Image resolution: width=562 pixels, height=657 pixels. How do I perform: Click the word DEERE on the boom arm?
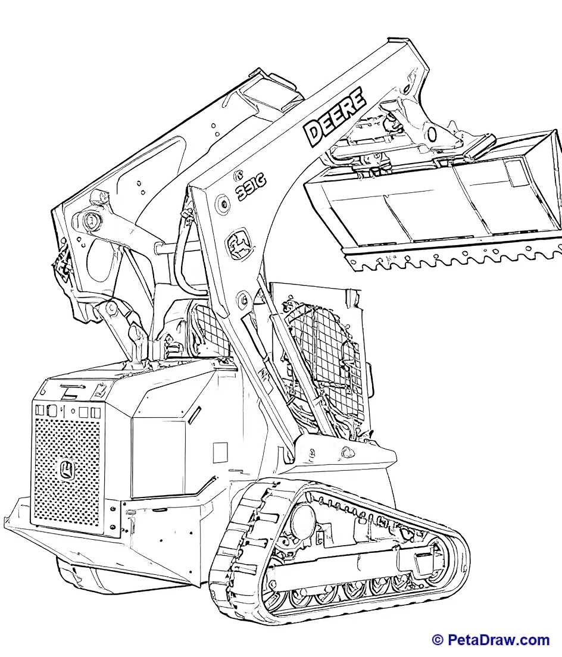coord(335,117)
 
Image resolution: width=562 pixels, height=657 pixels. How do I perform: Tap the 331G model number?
coord(251,187)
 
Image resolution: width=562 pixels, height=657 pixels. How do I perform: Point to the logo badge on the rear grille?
coord(67,470)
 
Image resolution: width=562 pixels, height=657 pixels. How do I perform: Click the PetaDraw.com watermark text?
coord(498,640)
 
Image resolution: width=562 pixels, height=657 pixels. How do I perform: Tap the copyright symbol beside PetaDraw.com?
coord(438,640)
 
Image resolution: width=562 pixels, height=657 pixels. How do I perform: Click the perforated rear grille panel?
coord(67,471)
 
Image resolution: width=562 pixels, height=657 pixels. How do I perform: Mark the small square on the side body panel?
coord(220,452)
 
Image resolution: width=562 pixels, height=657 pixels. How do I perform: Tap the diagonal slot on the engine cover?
coord(193,414)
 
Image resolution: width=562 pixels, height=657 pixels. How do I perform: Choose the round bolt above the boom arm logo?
coord(222,204)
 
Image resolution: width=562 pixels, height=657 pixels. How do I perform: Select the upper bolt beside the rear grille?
coord(113,509)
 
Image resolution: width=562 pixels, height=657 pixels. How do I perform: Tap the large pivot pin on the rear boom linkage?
coord(90,218)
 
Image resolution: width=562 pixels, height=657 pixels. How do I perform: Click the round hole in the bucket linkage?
coord(432,134)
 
